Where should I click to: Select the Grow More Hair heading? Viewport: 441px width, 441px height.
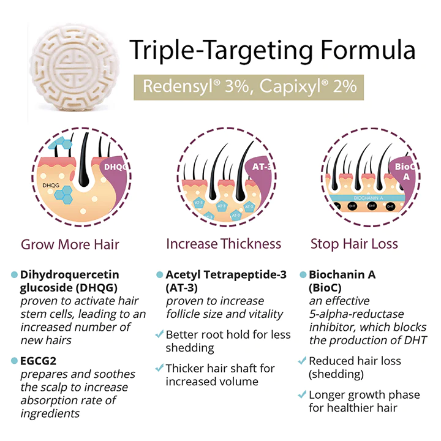(x=70, y=244)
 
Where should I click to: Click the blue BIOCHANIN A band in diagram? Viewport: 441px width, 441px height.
(x=367, y=197)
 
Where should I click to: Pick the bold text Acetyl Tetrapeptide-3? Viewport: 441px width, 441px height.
(x=226, y=274)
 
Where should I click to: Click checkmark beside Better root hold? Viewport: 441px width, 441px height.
(x=159, y=334)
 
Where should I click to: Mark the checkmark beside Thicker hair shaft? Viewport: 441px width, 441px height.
(x=159, y=368)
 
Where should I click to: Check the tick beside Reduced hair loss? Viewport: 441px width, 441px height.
(x=302, y=361)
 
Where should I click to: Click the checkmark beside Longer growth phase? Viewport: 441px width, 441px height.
(x=302, y=394)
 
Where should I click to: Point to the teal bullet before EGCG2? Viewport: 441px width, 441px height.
(x=14, y=361)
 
